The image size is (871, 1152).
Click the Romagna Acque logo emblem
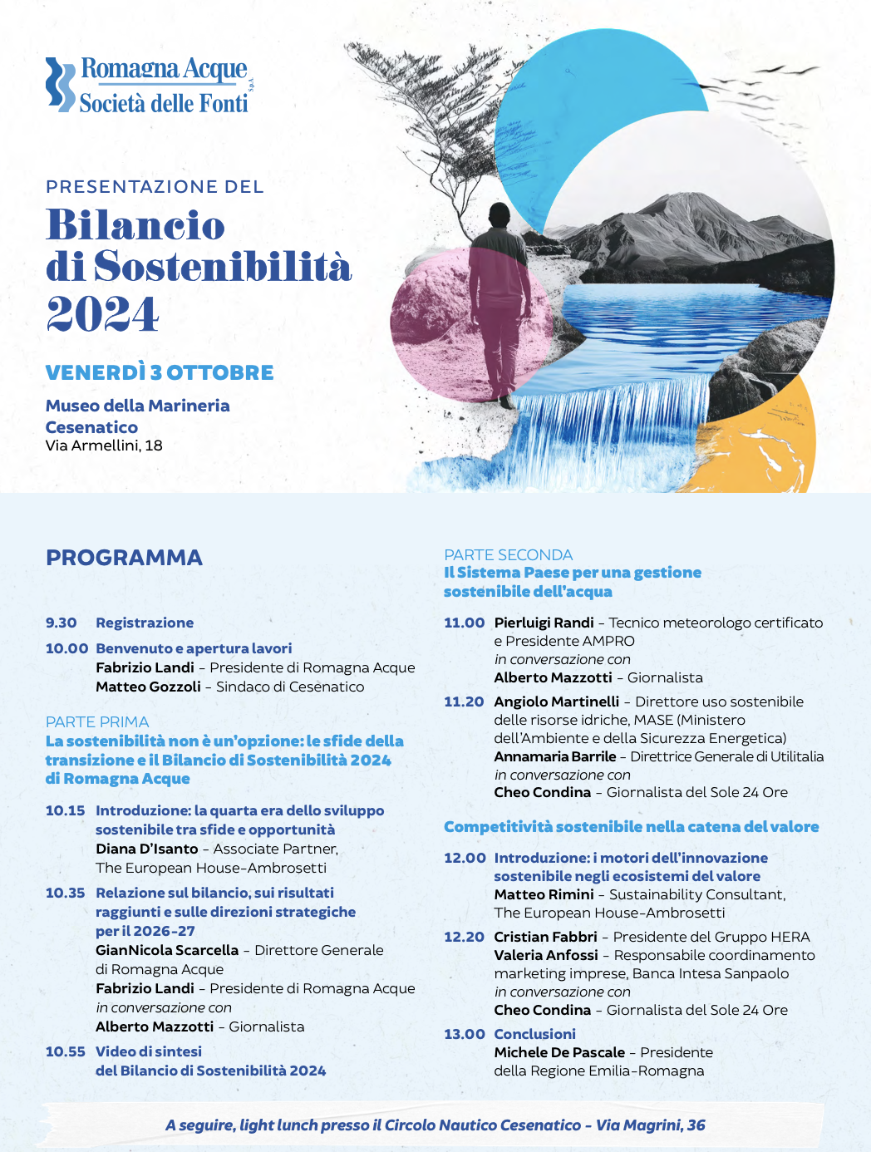coord(60,84)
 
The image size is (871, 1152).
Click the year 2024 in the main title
coord(102,313)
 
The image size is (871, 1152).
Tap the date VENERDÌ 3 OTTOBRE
coord(160,372)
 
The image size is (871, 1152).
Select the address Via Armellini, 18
coord(104,446)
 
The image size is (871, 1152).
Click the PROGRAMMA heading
coord(124,558)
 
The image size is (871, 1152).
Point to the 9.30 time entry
coord(62,623)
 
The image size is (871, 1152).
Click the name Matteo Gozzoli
coord(148,687)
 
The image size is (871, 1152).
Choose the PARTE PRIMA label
coord(97,721)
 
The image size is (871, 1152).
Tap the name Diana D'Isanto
coord(146,849)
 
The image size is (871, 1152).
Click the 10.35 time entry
coord(65,893)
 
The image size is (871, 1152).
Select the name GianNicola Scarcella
coord(167,950)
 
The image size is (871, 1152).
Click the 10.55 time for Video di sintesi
coord(65,1051)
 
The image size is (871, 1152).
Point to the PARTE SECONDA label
coord(508,554)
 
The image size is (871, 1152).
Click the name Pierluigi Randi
coord(544,623)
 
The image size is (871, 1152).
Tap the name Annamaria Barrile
coord(555,756)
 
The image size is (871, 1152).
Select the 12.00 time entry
coord(465,858)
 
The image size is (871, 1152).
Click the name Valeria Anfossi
coord(546,955)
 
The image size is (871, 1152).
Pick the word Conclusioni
coord(534,1034)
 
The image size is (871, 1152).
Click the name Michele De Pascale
coord(559,1052)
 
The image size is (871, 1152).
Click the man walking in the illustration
coord(499,299)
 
